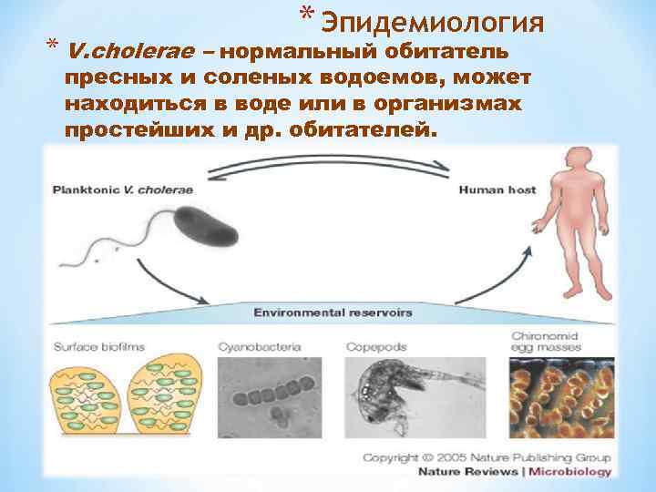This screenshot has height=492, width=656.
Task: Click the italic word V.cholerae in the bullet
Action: coord(136,51)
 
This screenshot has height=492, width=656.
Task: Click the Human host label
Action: coord(497,190)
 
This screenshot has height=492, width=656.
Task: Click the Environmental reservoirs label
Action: coord(332,313)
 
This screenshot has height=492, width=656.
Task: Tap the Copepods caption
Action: coord(376,347)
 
